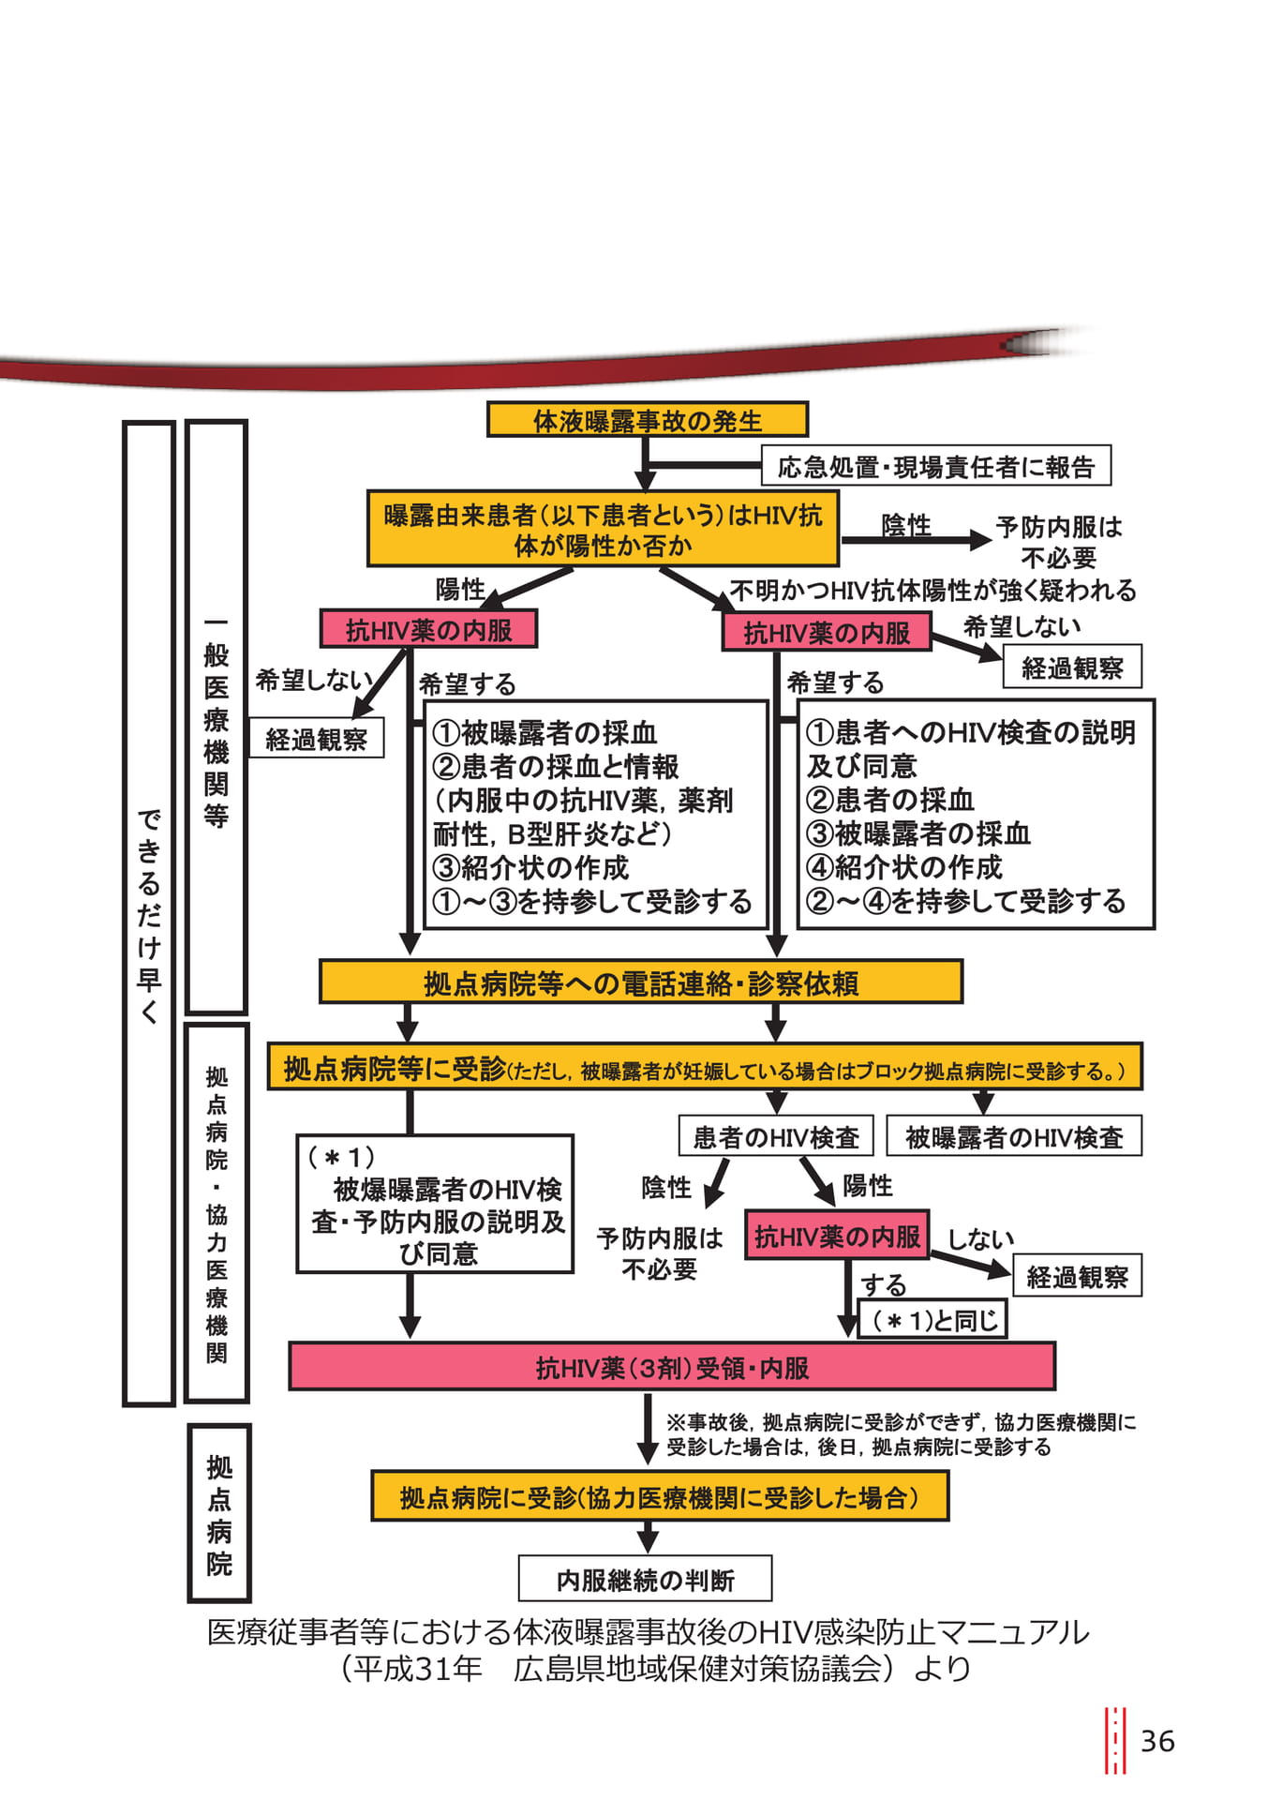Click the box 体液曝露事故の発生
[647, 420]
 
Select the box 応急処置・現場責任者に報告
[935, 466]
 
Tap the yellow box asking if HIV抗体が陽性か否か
[603, 529]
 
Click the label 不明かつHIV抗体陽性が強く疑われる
[932, 590]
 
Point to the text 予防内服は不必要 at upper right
[1059, 542]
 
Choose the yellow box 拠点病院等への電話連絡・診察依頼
[641, 982]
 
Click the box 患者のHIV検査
[776, 1136]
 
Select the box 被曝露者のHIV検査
[1014, 1136]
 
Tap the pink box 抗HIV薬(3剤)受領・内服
[672, 1368]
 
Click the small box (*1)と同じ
[932, 1319]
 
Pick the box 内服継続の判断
[646, 1581]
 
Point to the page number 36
[1157, 1741]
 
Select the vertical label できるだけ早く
[149, 914]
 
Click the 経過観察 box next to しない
[1078, 1276]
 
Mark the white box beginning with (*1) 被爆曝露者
[435, 1205]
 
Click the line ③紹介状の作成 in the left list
[530, 867]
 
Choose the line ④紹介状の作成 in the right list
[904, 866]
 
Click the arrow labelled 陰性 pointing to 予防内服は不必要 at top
[917, 539]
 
